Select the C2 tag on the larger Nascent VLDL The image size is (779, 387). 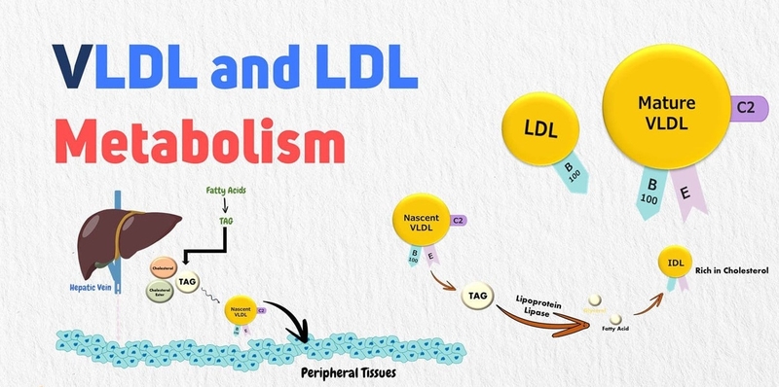point(458,221)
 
